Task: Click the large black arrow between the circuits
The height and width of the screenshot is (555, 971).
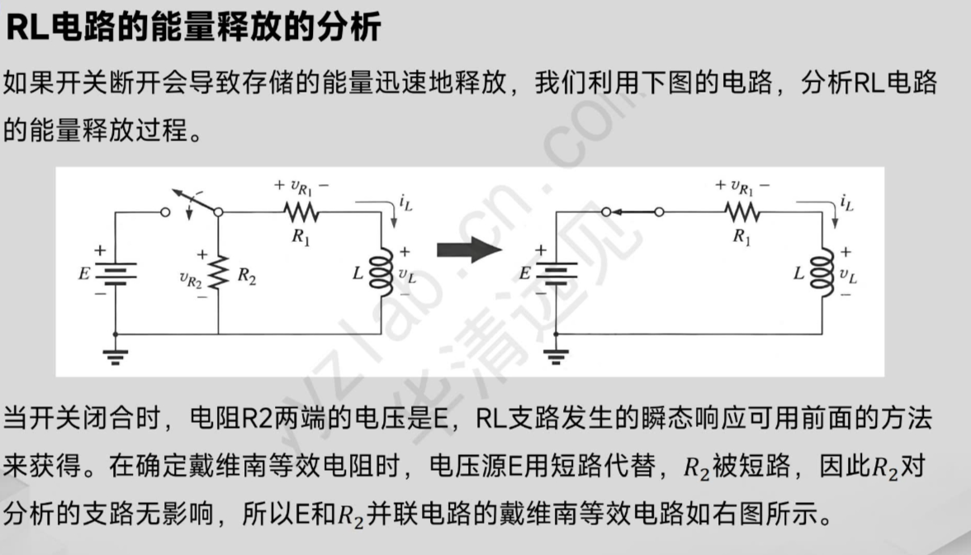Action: click(x=468, y=250)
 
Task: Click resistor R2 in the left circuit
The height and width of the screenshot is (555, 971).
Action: click(x=219, y=273)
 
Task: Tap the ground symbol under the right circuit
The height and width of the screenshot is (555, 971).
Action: click(x=556, y=355)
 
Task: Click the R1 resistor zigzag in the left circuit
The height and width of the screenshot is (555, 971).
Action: click(x=300, y=212)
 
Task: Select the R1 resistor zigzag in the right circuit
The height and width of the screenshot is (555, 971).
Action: click(x=741, y=212)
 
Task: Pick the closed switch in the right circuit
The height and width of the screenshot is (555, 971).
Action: click(x=632, y=212)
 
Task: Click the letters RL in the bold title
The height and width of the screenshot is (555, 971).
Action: click(x=27, y=26)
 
